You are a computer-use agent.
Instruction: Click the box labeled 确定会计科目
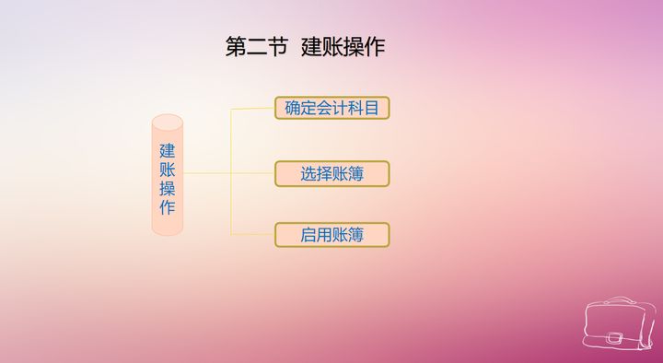[331, 108]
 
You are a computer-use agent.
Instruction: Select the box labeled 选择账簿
[331, 173]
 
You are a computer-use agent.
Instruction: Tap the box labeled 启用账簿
[331, 235]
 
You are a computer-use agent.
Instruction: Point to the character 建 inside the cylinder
[168, 149]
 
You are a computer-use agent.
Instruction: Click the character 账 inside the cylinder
[168, 169]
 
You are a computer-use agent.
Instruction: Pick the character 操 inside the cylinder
[168, 188]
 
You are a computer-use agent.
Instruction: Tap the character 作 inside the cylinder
[168, 207]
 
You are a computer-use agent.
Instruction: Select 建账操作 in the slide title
[343, 47]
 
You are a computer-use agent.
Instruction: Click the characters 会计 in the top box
[331, 108]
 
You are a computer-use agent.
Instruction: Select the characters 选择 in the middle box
[316, 173]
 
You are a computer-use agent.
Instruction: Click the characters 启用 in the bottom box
[316, 235]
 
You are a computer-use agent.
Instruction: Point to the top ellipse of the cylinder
[168, 122]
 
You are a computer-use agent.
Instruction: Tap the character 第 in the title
[236, 47]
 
